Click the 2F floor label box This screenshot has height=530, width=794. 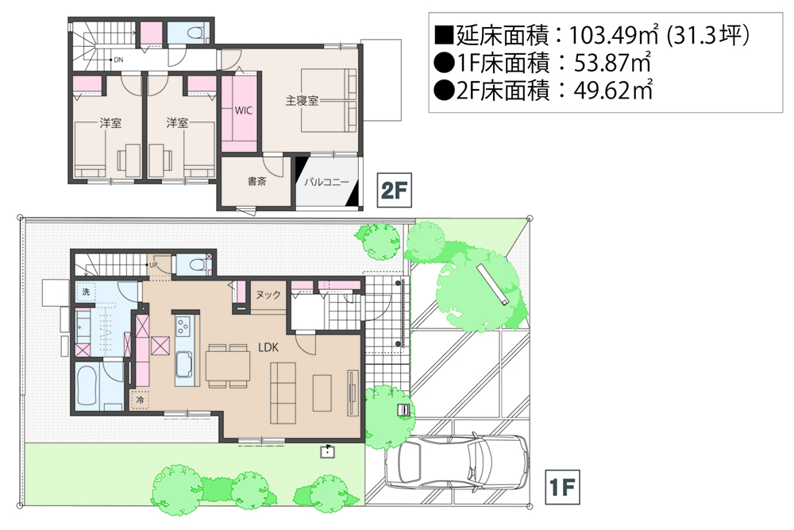click(394, 190)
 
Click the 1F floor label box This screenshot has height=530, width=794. click(562, 487)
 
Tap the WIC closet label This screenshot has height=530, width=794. click(243, 110)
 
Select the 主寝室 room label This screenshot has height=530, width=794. click(302, 101)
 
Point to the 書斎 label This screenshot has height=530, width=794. click(256, 181)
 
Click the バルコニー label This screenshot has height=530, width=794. click(326, 182)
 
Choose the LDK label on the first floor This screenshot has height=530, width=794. click(268, 347)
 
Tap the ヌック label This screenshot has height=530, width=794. click(268, 294)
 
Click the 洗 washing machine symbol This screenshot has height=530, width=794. click(86, 292)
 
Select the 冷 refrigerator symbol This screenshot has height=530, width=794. click(140, 399)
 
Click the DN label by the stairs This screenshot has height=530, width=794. click(118, 60)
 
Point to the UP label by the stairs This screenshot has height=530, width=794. click(153, 265)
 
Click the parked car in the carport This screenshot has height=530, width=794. click(456, 462)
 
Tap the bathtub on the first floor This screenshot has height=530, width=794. click(87, 385)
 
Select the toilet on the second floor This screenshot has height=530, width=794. click(195, 33)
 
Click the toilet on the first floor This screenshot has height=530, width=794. click(198, 265)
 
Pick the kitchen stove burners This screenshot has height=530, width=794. click(183, 327)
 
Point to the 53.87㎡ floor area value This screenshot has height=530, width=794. click(612, 63)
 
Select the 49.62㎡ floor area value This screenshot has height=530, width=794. click(613, 91)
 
